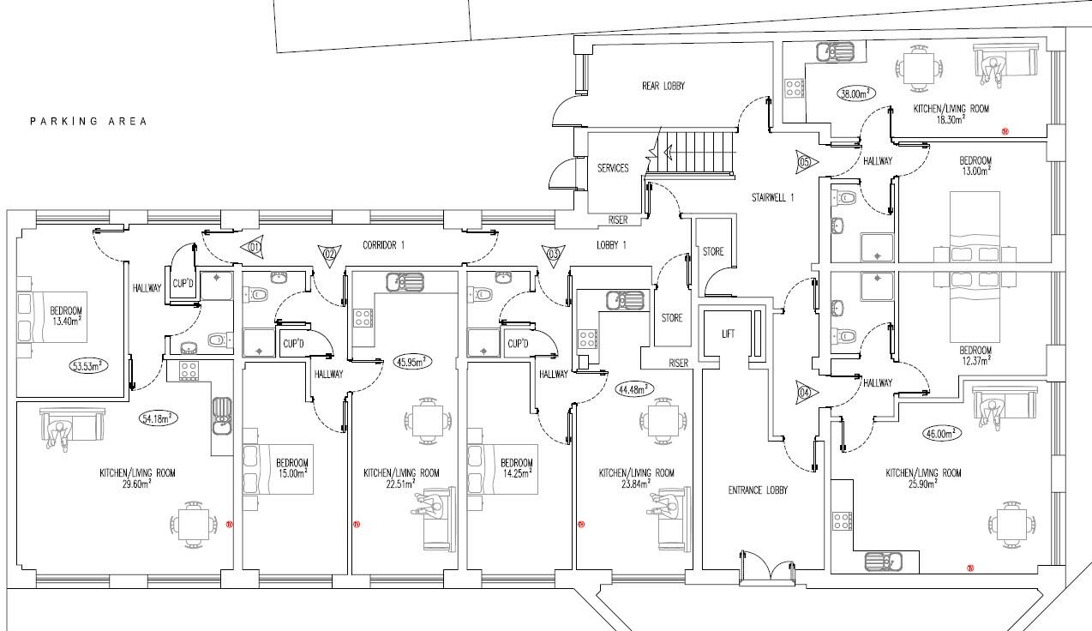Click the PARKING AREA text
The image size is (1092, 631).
[x=88, y=121]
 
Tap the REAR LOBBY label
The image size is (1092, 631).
[x=663, y=86]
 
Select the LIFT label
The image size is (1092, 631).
[x=729, y=334]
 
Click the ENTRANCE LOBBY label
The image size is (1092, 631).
[x=757, y=490]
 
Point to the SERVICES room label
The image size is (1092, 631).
[x=613, y=168]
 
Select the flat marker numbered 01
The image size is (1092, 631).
[x=254, y=247]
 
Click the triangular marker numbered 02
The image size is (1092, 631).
[x=328, y=253]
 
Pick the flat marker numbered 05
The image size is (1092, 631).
[x=805, y=160]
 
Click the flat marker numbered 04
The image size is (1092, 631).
[x=805, y=392]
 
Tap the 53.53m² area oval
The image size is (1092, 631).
[x=87, y=365]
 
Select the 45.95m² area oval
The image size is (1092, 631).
[x=412, y=361]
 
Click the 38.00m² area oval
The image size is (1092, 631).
[x=856, y=93]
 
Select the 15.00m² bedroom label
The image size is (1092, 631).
[x=291, y=467]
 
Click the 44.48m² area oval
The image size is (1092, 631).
[x=634, y=388]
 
